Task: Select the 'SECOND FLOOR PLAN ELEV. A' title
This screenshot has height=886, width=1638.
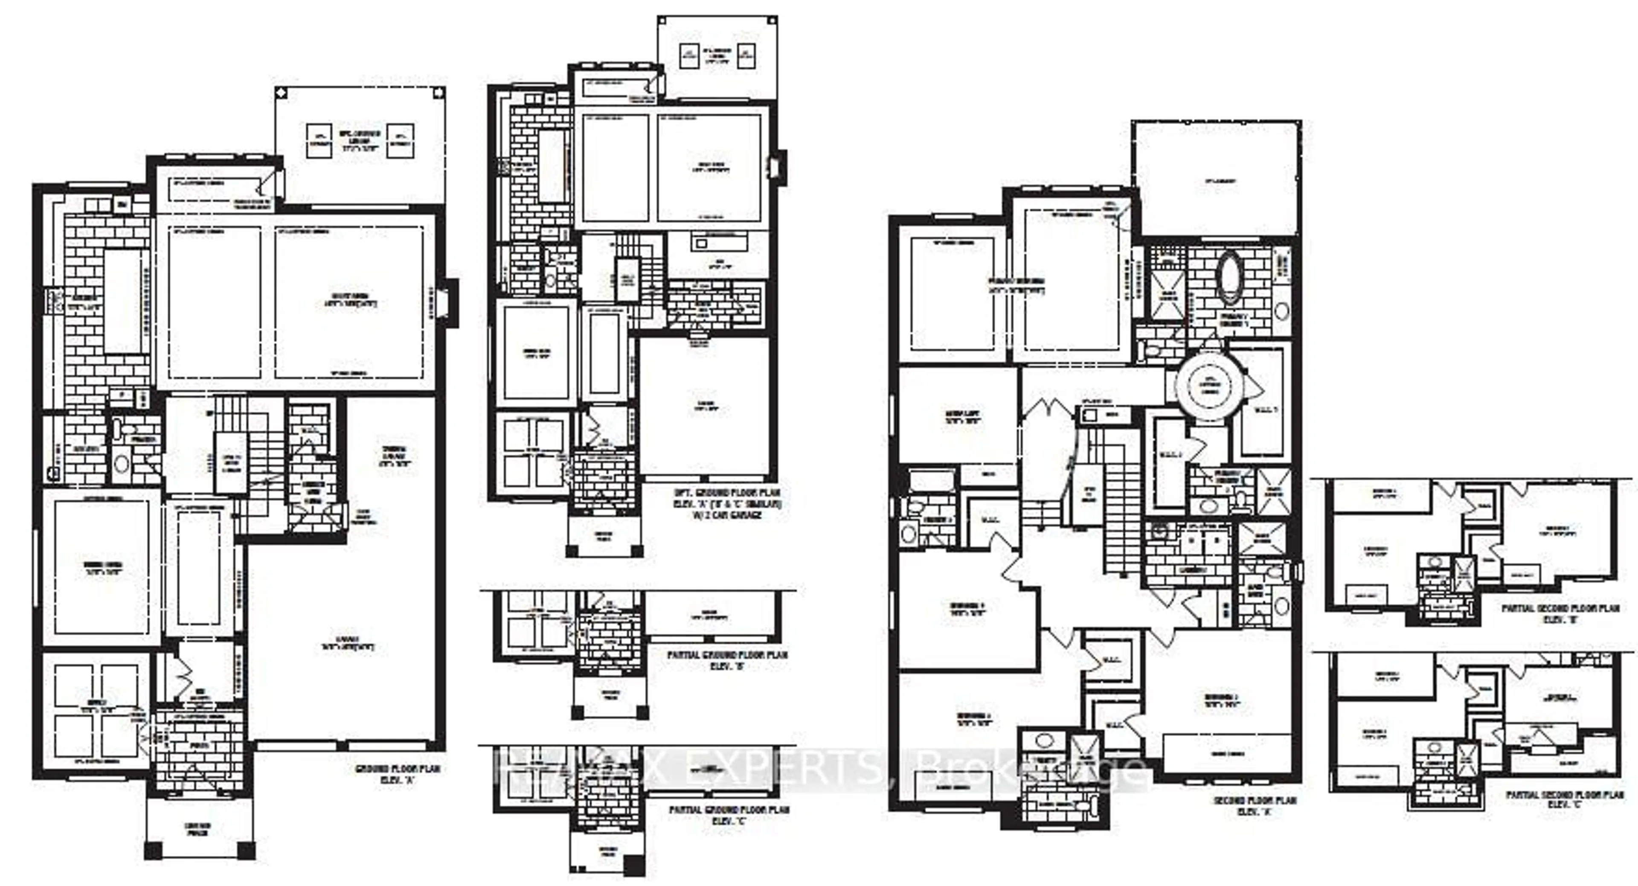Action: click(1255, 806)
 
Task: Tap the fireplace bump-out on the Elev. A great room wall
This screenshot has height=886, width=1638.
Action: click(451, 303)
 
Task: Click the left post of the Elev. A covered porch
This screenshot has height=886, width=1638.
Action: click(153, 851)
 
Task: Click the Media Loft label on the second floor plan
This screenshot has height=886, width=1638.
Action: click(962, 417)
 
